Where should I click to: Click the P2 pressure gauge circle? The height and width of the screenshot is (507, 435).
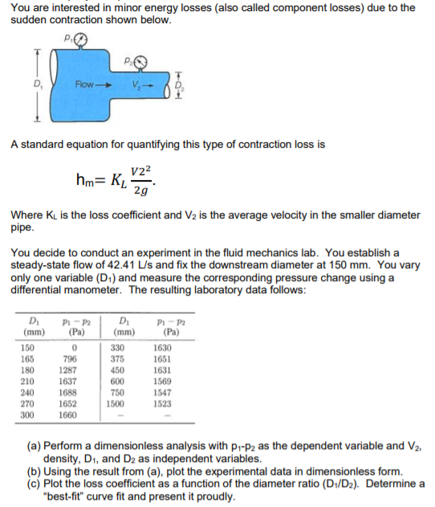142,61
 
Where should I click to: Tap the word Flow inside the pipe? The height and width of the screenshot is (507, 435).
85,84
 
